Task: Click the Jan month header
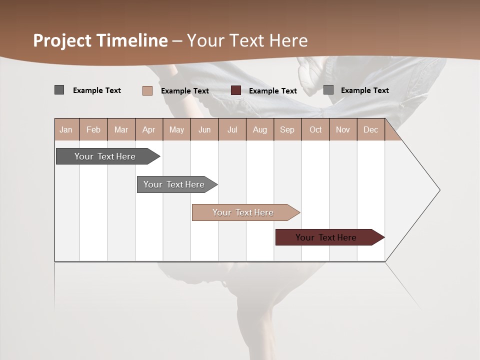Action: coord(66,129)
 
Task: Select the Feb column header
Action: coord(93,129)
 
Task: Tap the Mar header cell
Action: coord(121,129)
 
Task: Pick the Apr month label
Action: coord(149,129)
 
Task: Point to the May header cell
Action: coord(176,129)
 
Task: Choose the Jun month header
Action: coord(204,129)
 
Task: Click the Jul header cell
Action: coord(232,129)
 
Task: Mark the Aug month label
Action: coord(260,129)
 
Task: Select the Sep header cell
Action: coord(287,129)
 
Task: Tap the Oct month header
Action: coord(315,129)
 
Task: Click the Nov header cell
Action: coord(343,129)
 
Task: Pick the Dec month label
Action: coord(371,129)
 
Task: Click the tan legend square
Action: coord(147,90)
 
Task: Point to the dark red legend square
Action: coord(236,90)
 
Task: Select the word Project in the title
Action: coord(62,40)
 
